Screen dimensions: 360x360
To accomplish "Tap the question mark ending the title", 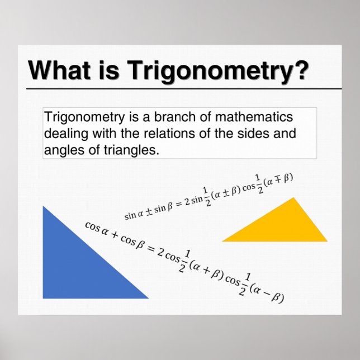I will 301,71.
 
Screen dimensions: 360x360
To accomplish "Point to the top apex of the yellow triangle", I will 292,198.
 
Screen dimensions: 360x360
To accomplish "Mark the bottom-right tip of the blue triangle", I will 148,297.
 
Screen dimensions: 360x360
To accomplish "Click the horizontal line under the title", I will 184,89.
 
